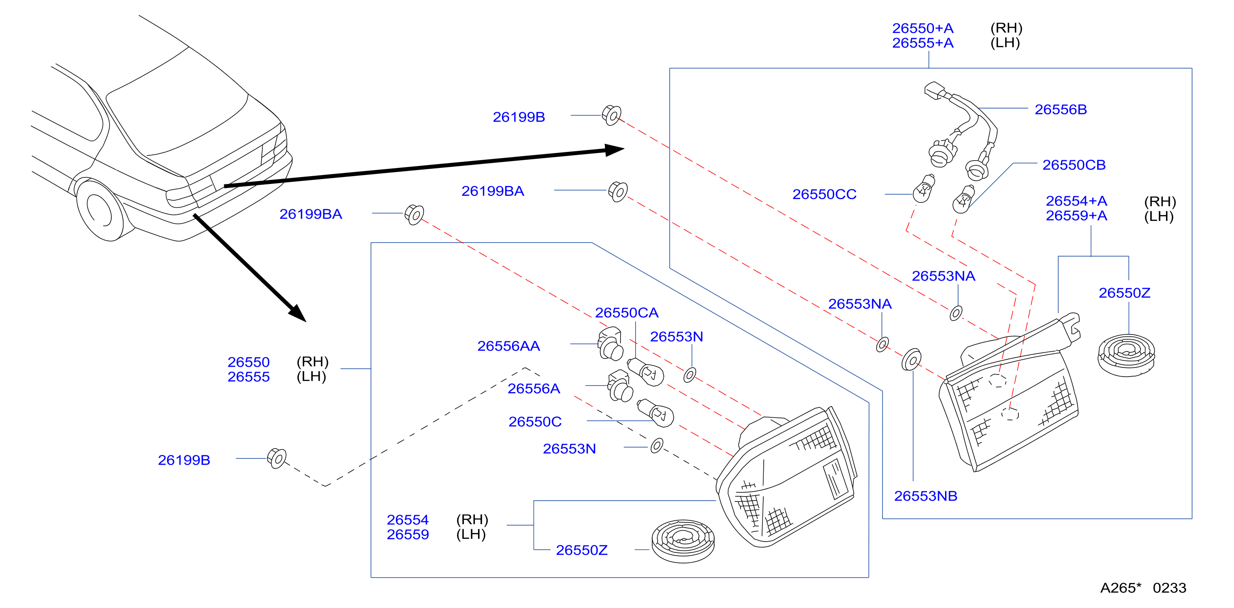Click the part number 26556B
coord(1060,110)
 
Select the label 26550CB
coord(1074,165)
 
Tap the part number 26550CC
coord(824,194)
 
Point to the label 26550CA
coord(627,313)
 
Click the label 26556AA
coord(508,346)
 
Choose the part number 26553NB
coord(925,496)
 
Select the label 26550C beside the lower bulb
coord(535,422)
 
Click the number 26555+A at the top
coord(923,43)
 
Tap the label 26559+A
coord(1076,216)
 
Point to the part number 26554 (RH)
coord(438,520)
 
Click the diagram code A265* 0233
coord(1143,588)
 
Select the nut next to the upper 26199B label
coord(612,116)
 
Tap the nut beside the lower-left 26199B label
coord(276,458)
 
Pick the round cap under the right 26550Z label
coord(1126,355)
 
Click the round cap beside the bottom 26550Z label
coord(683,541)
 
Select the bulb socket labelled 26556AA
coord(610,344)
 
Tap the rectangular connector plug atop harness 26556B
coord(934,91)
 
